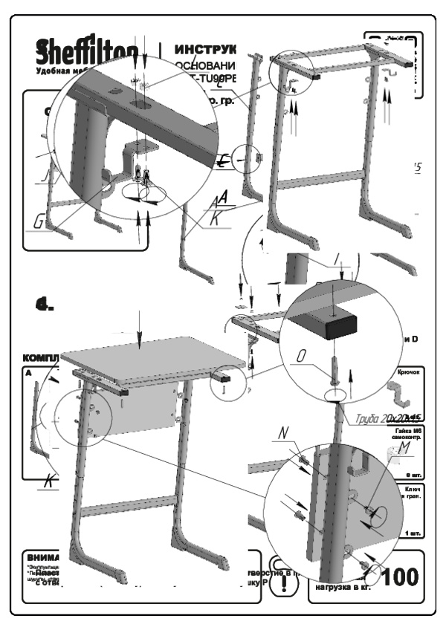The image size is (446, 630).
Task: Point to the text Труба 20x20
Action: (x=378, y=418)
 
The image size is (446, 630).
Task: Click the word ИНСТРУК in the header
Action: (x=205, y=50)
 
